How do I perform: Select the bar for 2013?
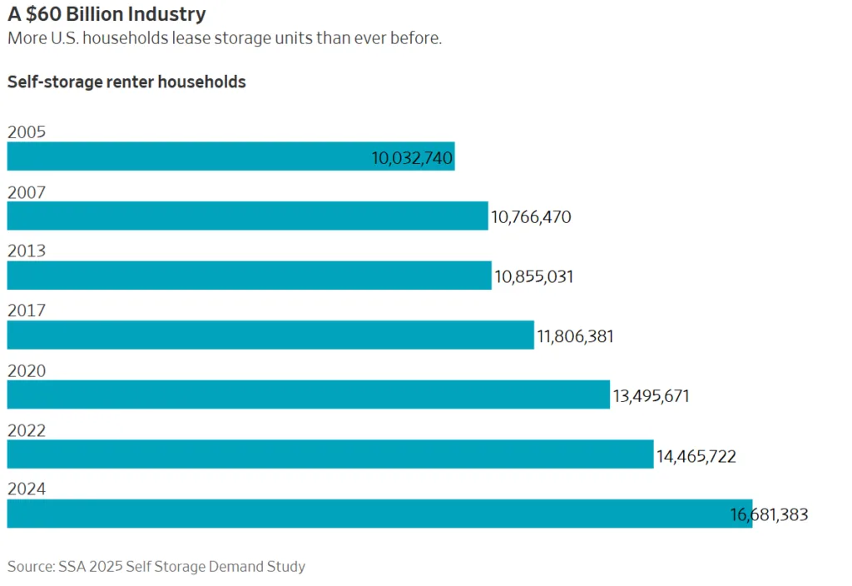tap(249, 276)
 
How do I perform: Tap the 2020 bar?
tap(308, 395)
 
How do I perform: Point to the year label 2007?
tap(26, 192)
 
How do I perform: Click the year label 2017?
tap(26, 311)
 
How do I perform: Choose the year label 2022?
tap(26, 430)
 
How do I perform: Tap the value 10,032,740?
tap(412, 158)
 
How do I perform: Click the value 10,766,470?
tap(531, 217)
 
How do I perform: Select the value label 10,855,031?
tap(533, 277)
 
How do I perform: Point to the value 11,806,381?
tap(575, 336)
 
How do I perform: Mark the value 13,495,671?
tap(651, 396)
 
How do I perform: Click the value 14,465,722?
tap(696, 456)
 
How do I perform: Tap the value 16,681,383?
tap(769, 515)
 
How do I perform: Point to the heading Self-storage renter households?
tap(126, 82)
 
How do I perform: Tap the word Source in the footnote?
tap(30, 567)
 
